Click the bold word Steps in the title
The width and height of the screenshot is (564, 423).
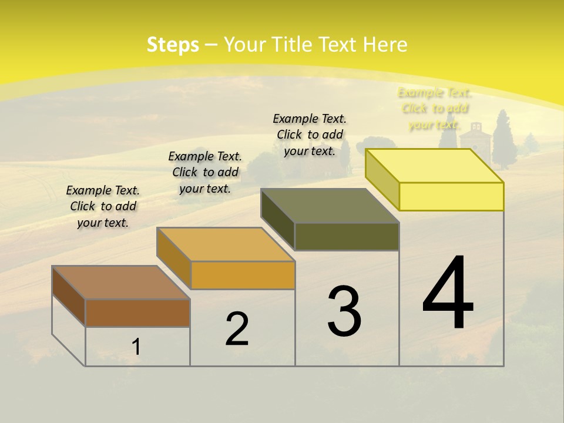coord(173,45)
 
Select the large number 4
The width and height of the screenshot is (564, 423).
coord(448,293)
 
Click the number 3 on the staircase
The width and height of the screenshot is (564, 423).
coord(344,311)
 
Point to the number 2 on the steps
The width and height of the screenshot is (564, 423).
coord(237,329)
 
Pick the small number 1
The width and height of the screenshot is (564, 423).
coord(136,347)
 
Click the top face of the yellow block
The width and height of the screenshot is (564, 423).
coord(435,166)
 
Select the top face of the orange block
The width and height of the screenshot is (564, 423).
coord(226,244)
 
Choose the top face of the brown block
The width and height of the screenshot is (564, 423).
coord(121,283)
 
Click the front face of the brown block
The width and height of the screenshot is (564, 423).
coord(137,313)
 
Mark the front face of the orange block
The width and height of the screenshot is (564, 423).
coord(243,275)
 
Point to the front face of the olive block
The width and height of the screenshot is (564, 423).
coord(347,236)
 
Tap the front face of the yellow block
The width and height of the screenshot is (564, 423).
coord(451,196)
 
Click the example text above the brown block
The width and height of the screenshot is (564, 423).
coord(103,206)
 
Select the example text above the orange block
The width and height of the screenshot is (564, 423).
coord(205,172)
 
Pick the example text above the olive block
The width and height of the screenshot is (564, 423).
coord(310,135)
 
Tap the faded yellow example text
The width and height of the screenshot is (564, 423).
coord(434,109)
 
